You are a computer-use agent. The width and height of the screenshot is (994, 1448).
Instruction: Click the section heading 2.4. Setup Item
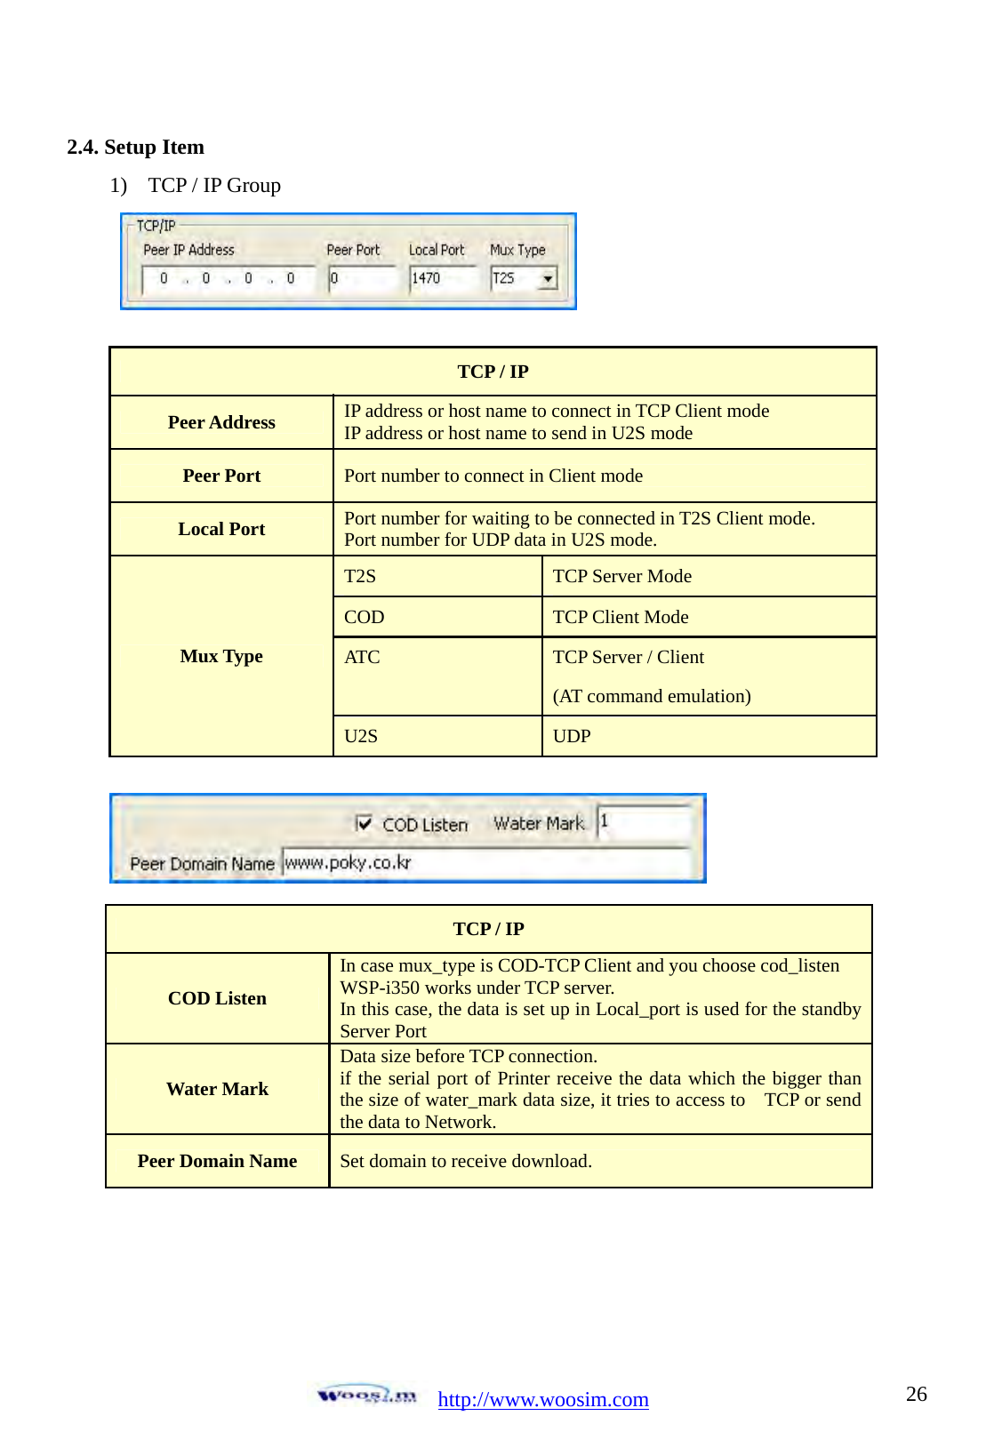[136, 147]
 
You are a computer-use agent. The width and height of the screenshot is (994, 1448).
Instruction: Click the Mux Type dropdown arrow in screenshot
[548, 279]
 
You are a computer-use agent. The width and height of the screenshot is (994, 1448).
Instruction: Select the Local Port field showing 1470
[442, 279]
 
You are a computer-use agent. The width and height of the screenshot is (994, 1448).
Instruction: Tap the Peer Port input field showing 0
[360, 279]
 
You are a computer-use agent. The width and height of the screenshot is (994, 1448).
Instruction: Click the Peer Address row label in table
[221, 422]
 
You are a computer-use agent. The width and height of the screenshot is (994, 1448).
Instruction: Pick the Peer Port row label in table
[221, 476]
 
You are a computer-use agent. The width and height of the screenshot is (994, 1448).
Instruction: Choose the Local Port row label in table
[221, 529]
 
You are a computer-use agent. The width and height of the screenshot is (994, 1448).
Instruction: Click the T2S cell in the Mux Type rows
[360, 576]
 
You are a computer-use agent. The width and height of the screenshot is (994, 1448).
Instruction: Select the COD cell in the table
[365, 617]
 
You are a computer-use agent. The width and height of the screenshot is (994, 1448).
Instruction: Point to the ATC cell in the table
[362, 657]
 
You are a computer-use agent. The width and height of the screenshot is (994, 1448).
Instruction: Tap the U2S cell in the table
[361, 736]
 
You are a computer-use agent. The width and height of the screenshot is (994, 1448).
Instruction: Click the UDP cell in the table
[572, 736]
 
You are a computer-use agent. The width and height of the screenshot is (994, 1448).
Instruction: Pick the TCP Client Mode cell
[621, 617]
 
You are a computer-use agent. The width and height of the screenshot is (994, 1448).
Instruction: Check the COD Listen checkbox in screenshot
[364, 823]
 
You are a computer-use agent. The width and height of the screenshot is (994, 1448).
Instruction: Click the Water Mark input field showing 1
[644, 822]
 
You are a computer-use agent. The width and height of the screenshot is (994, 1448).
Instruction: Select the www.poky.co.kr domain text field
[485, 862]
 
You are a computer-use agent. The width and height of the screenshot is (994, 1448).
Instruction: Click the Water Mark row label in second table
[217, 1089]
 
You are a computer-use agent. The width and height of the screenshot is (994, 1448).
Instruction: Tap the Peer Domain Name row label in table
[217, 1161]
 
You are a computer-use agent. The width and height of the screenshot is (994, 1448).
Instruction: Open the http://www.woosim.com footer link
[543, 1399]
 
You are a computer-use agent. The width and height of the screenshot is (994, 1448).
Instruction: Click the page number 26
[916, 1394]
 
